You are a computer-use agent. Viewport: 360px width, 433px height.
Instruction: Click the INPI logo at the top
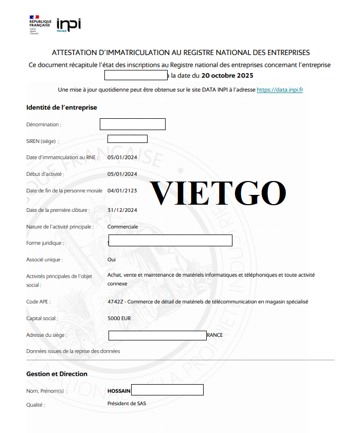pyautogui.click(x=68, y=24)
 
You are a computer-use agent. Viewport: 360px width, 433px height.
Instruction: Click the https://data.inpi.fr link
pyautogui.click(x=279, y=89)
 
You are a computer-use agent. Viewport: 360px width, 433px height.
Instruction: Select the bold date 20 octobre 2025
pyautogui.click(x=227, y=76)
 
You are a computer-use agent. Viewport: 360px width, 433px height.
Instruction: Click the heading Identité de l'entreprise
pyautogui.click(x=62, y=107)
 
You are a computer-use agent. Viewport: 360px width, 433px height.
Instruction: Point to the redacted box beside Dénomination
pyautogui.click(x=132, y=124)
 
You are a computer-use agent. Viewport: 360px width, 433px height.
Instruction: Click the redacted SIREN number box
pyautogui.click(x=127, y=139)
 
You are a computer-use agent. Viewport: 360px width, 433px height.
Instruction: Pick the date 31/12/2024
pyautogui.click(x=122, y=210)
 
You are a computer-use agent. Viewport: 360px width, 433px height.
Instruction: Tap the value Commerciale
pyautogui.click(x=122, y=227)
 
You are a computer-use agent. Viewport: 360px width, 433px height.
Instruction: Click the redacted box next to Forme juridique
pyautogui.click(x=170, y=241)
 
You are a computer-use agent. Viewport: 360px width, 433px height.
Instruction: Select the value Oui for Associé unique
pyautogui.click(x=112, y=260)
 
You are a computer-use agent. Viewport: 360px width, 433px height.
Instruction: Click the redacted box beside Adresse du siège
pyautogui.click(x=157, y=335)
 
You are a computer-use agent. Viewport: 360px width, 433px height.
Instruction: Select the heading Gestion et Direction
pyautogui.click(x=57, y=374)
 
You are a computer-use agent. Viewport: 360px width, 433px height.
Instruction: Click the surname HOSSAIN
pyautogui.click(x=119, y=391)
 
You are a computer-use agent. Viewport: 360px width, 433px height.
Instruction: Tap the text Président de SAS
pyautogui.click(x=127, y=404)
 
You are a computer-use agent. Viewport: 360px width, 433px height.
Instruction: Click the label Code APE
pyautogui.click(x=39, y=302)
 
